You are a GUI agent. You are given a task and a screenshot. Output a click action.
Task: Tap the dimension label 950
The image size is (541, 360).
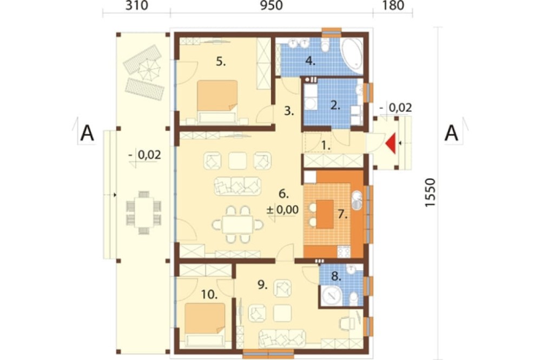[271, 5]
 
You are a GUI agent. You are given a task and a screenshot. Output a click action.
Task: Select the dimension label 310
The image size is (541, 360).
[137, 5]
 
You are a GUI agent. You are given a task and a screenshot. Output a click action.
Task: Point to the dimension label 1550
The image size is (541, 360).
[430, 192]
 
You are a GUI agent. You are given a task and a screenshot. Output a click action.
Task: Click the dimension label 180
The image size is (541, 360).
[393, 5]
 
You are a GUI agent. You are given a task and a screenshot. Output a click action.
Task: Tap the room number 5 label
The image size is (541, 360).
[221, 62]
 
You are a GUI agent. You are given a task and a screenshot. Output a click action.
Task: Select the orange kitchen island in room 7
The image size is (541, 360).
[325, 214]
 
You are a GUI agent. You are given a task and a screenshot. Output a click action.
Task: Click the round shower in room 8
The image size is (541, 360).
[332, 295]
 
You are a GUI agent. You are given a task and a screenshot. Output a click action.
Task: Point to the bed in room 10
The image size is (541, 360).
[205, 324]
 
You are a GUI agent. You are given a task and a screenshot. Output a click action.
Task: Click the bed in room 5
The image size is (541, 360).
[217, 102]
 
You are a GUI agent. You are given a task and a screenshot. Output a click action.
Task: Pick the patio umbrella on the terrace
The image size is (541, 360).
[149, 69]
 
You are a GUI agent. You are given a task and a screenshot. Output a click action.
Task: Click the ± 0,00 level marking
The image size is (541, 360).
[283, 210]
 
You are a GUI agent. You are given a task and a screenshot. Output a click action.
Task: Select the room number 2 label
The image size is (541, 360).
[335, 105]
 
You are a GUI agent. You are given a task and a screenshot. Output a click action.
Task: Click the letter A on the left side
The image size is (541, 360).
[87, 133]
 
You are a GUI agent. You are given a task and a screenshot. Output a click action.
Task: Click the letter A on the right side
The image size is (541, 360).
[451, 133]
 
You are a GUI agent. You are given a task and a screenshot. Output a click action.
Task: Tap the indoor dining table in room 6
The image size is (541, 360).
[237, 224]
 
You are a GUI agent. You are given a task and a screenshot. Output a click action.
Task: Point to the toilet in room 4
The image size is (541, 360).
[325, 45]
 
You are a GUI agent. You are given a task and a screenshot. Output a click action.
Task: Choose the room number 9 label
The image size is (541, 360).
[263, 285]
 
